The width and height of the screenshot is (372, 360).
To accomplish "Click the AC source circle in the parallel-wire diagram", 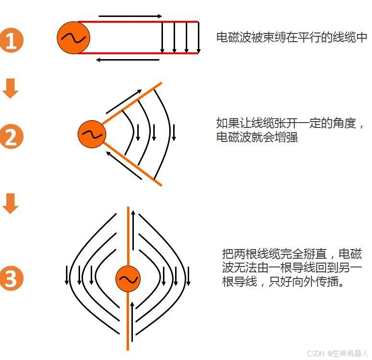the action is pyautogui.click(x=72, y=38).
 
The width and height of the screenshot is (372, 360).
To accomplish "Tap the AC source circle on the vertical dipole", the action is pyautogui.click(x=128, y=279).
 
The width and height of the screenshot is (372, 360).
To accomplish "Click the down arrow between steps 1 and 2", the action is pyautogui.click(x=11, y=89).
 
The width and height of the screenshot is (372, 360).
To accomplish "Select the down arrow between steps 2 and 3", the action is pyautogui.click(x=11, y=203).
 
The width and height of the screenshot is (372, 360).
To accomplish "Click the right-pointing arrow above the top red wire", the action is pyautogui.click(x=130, y=16).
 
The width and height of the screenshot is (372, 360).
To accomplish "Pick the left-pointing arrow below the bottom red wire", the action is pyautogui.click(x=128, y=60).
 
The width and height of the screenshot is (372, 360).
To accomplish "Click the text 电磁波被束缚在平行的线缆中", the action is pyautogui.click(x=291, y=37).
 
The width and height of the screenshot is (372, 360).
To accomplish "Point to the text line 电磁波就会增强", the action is pyautogui.click(x=257, y=137).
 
